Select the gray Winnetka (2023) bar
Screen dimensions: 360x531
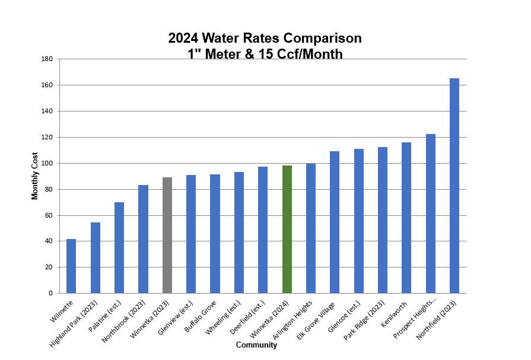coord(167,235)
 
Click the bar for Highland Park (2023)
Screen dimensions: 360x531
coord(95,257)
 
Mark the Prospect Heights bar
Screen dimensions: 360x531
coord(430,214)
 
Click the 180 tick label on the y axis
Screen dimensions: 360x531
coord(47,59)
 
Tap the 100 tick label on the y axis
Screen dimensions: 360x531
coord(47,163)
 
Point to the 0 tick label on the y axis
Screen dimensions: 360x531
coord(50,293)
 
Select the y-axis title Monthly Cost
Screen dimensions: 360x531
coord(35,176)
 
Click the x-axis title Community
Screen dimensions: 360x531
coord(256,345)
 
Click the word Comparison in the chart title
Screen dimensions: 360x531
coord(322,38)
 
